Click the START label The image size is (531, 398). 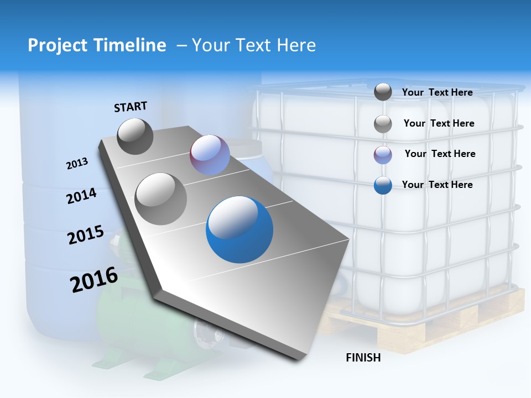tap(131, 106)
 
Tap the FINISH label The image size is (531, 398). tap(363, 358)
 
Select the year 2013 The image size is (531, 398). tap(77, 164)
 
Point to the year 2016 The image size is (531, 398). tap(93, 280)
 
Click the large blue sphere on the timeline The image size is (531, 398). tap(240, 229)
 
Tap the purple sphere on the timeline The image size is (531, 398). tap(210, 155)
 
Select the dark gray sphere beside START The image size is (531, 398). tap(135, 136)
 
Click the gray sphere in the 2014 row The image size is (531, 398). tap(160, 198)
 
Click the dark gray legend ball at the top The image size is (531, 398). tap(383, 92)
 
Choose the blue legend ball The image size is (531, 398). tap(383, 185)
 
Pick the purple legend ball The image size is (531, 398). tap(383, 155)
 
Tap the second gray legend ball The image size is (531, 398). tap(383, 124)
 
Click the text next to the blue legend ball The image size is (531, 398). tap(437, 185)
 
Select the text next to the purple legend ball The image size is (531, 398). tap(440, 154)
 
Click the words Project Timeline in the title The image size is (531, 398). tap(97, 45)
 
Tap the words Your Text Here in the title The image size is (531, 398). tap(254, 45)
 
